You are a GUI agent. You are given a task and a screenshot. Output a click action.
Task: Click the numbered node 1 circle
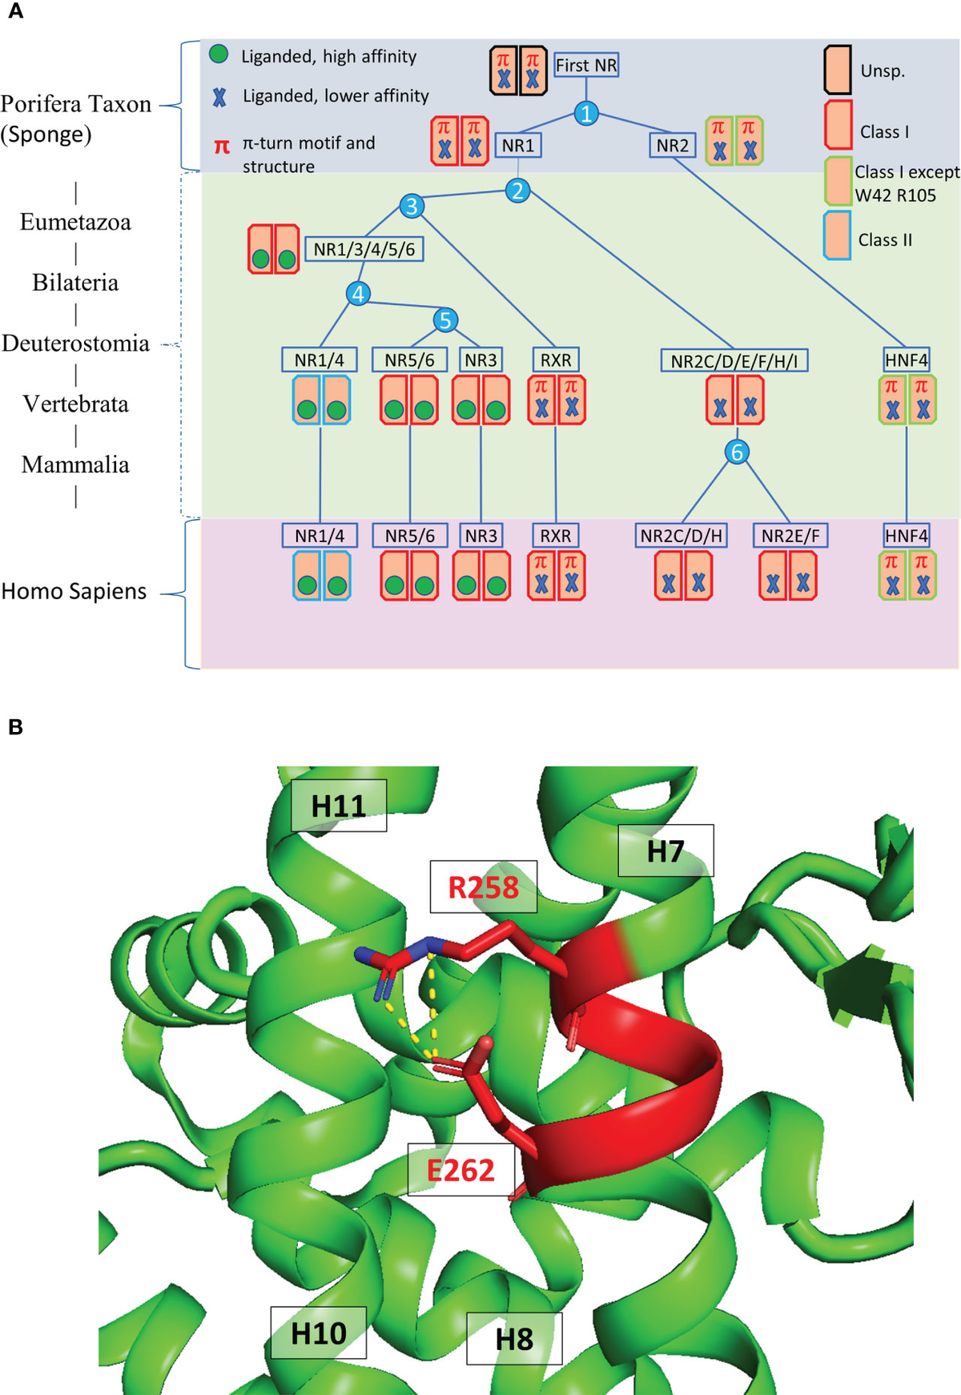(586, 114)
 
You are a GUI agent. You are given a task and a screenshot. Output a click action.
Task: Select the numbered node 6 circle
(737, 452)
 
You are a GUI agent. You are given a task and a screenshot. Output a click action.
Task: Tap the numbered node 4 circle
(358, 294)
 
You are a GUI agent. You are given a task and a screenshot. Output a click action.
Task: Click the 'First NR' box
(586, 65)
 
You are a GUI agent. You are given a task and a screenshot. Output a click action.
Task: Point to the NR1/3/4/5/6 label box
(364, 249)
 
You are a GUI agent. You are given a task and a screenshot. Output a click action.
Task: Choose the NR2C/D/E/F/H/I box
(734, 360)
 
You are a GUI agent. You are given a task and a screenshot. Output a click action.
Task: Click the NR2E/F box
(790, 536)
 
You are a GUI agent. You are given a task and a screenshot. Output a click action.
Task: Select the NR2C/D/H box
(682, 536)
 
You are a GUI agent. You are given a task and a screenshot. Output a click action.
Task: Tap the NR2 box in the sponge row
(672, 145)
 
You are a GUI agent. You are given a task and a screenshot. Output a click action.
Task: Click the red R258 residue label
(483, 887)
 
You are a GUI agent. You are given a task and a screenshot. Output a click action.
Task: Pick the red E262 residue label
(460, 1170)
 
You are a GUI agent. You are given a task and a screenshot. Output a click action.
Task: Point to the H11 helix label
(339, 806)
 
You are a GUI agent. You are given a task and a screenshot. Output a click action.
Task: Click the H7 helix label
(665, 850)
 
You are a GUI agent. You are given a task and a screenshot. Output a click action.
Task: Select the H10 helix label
(318, 1333)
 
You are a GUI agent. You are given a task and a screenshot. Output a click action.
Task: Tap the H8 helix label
(514, 1339)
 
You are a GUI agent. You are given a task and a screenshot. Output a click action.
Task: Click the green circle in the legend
(219, 54)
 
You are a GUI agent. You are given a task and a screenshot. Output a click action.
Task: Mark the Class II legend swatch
(838, 235)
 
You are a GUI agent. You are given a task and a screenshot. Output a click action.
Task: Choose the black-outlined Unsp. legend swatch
(838, 70)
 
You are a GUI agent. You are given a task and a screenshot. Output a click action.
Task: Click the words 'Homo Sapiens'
(74, 591)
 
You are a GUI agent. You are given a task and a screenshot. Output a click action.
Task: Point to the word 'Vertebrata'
(75, 404)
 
